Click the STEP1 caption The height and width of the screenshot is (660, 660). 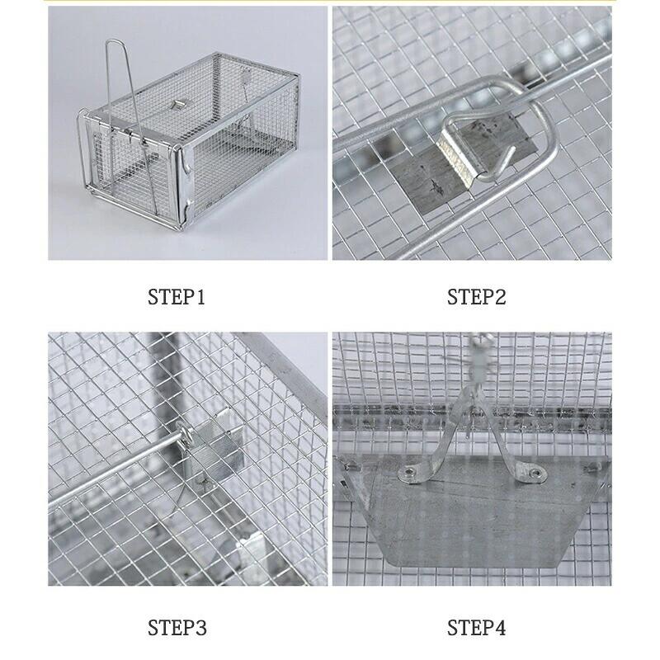(x=177, y=297)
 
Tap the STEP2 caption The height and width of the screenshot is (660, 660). (x=476, y=297)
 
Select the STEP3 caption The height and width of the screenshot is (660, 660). (x=177, y=628)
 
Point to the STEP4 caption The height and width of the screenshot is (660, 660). (x=476, y=628)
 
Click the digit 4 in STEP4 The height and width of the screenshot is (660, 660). (x=499, y=628)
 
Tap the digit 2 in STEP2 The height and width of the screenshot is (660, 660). (x=499, y=297)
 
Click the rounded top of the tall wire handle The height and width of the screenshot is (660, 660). (x=114, y=41)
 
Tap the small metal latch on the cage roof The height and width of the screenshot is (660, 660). (x=180, y=104)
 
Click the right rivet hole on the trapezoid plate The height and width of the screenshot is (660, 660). (x=535, y=473)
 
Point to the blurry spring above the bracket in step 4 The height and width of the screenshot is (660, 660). (x=479, y=359)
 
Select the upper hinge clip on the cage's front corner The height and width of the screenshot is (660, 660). (x=186, y=164)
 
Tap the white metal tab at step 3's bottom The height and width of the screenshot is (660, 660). (x=252, y=556)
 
